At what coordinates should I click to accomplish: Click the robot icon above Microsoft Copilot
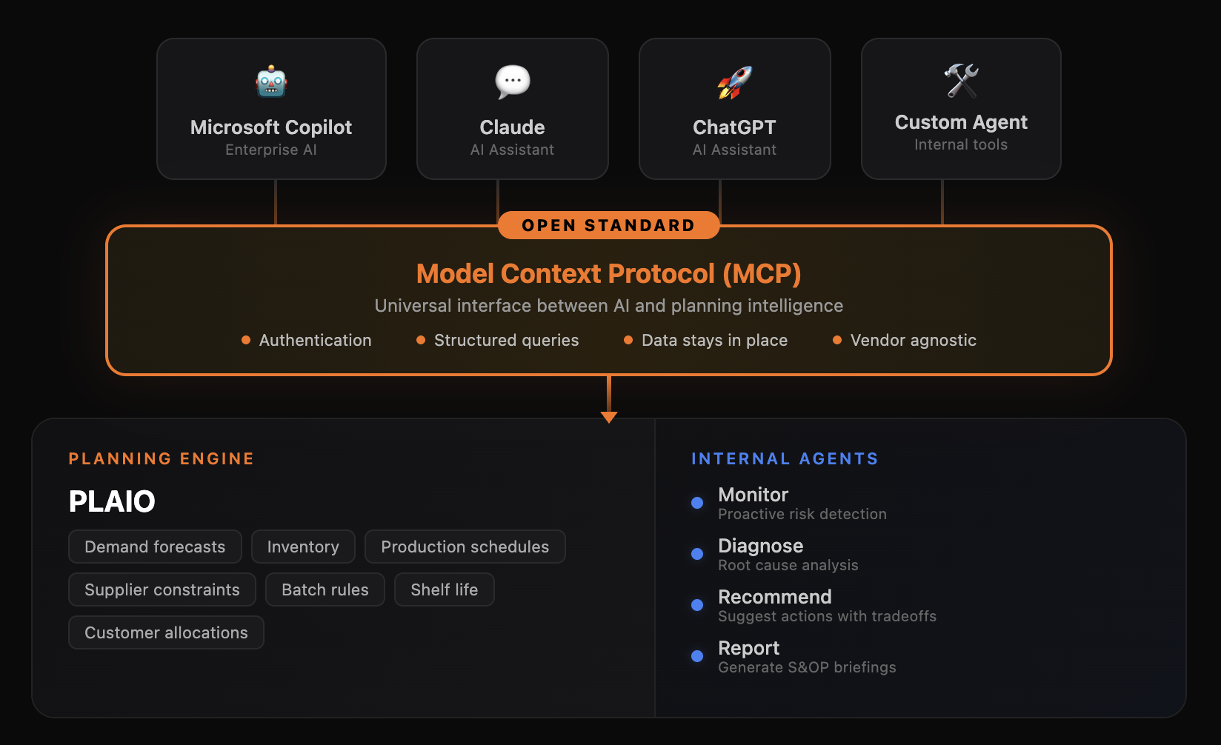271,81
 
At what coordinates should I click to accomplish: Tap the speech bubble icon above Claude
513,81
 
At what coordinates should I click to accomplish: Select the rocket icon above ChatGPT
734,82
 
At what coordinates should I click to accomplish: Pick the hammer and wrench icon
961,80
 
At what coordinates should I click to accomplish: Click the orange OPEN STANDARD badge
608,225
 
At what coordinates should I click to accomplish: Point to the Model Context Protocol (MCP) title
608,274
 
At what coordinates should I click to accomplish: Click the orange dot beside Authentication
246,341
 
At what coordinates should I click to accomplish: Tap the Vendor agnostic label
913,341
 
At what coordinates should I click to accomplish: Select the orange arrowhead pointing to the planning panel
609,417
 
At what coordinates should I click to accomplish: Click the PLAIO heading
112,501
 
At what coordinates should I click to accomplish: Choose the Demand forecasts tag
155,547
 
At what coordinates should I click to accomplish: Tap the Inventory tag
303,547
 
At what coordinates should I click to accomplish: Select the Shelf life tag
444,589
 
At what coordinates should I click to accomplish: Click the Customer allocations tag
166,632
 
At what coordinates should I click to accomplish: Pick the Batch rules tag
325,589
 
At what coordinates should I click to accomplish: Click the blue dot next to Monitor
697,503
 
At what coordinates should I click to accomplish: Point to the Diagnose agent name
760,546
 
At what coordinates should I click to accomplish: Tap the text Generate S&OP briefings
807,667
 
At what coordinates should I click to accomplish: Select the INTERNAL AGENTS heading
785,459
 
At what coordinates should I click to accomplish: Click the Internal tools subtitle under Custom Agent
960,144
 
